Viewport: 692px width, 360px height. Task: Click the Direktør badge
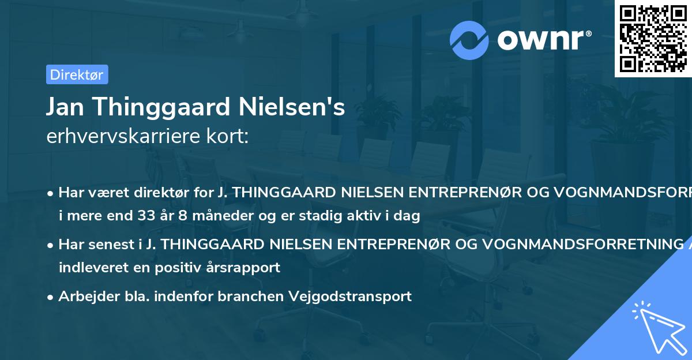[76, 74]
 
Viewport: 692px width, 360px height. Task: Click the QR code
[653, 39]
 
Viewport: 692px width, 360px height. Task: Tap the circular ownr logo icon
[469, 40]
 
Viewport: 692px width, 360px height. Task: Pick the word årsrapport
[247, 268]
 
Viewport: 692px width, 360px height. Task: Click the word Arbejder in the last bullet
[82, 297]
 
